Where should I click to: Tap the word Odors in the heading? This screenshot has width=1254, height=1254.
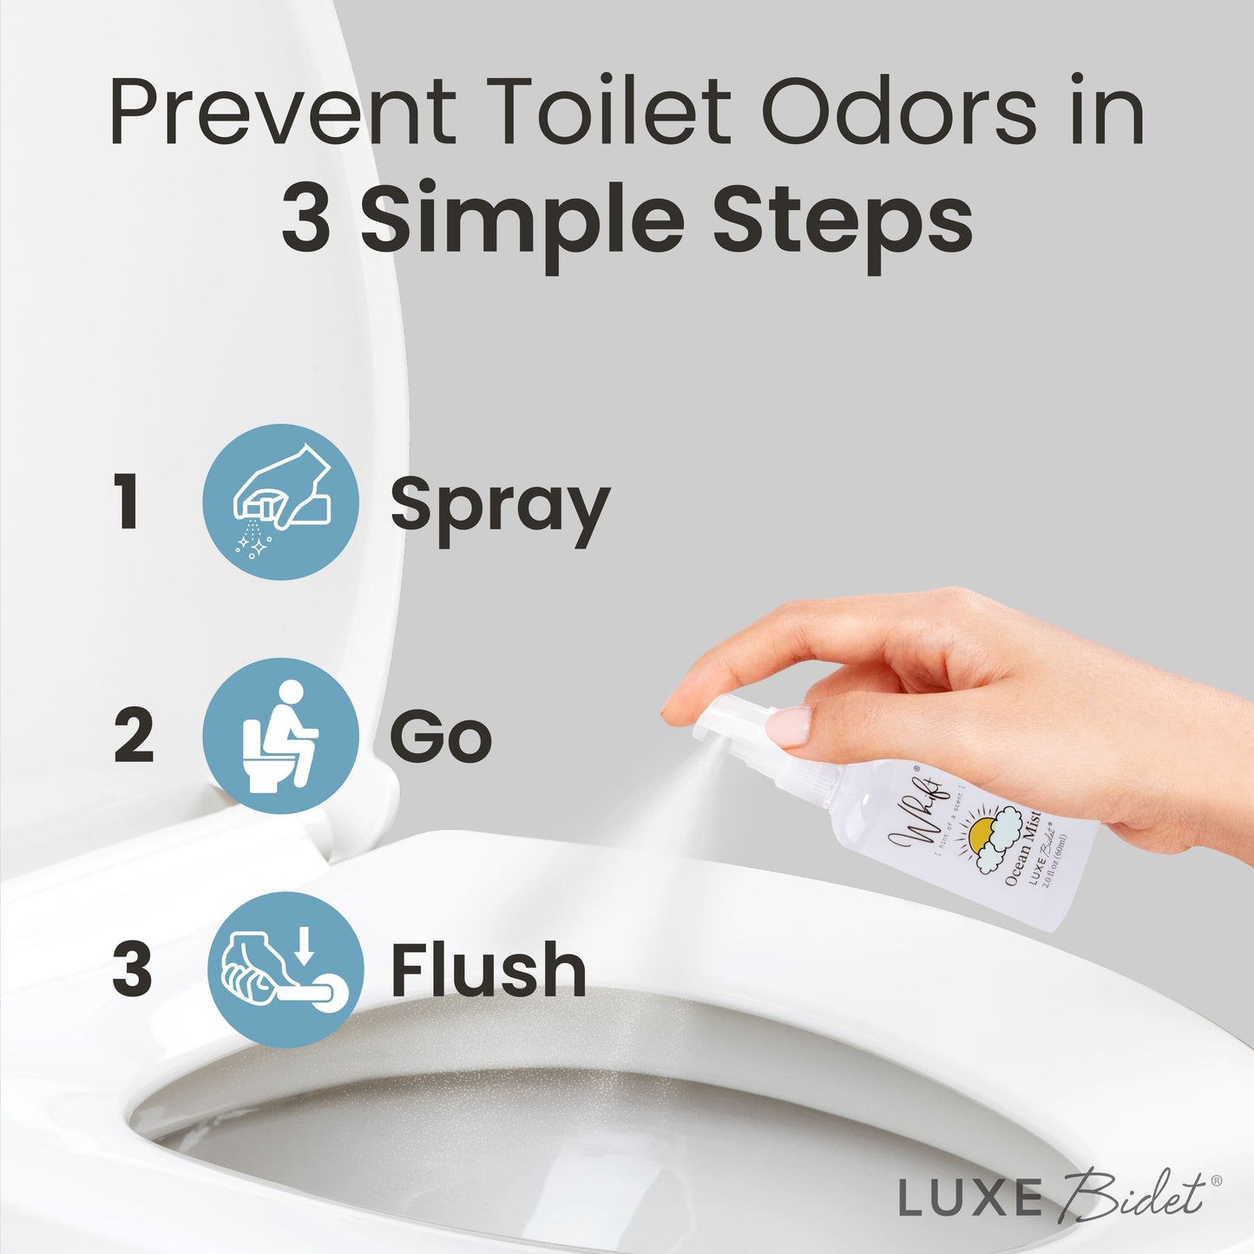[x=898, y=112]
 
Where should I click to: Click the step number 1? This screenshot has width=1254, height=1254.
[x=128, y=502]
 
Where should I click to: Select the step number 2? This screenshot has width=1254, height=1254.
[x=134, y=736]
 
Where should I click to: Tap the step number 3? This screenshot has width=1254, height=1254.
[x=132, y=968]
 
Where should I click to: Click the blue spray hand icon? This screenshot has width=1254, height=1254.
[x=280, y=502]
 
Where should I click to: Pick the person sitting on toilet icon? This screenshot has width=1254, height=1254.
[x=280, y=736]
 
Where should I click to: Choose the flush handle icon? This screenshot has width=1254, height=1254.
[x=286, y=968]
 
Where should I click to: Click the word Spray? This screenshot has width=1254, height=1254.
[x=500, y=508]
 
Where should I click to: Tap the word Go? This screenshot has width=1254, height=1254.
[x=441, y=738]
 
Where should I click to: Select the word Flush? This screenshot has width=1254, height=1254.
[x=489, y=970]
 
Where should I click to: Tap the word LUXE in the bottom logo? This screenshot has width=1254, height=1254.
[x=969, y=1198]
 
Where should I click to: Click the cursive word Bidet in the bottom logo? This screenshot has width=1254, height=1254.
[x=1133, y=1195]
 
